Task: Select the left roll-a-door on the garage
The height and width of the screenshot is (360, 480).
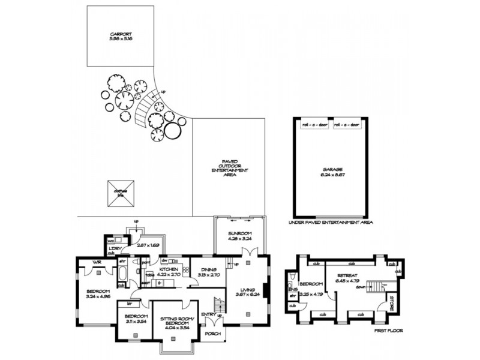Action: tap(313, 125)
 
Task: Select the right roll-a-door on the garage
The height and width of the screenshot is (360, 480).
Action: tap(347, 125)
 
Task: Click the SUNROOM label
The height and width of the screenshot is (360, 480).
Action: tap(239, 233)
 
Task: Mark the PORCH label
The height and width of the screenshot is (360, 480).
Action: tap(212, 333)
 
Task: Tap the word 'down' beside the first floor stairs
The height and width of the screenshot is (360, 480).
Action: tap(361, 287)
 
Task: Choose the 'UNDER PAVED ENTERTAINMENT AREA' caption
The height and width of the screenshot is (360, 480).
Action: tap(331, 223)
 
